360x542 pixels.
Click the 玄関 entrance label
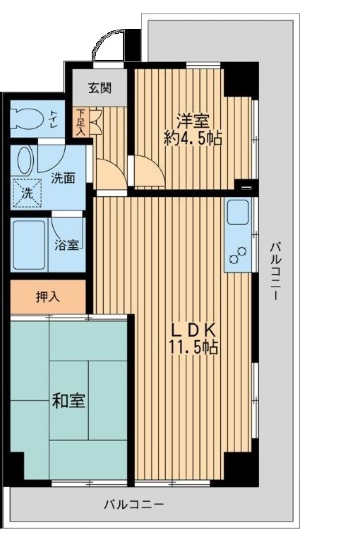(100, 88)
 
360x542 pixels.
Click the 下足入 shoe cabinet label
(80, 121)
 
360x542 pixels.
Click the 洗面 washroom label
(63, 178)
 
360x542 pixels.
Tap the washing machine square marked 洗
(25, 191)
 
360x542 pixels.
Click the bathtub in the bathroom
(29, 244)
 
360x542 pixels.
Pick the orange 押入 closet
(47, 296)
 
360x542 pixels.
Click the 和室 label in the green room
(68, 402)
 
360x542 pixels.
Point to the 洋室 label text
(191, 119)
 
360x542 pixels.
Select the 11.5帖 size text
(191, 347)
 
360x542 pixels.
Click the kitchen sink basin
(236, 212)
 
